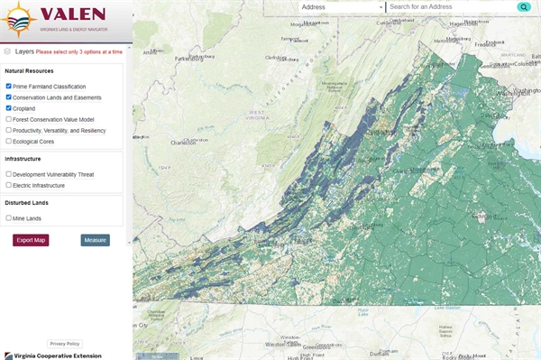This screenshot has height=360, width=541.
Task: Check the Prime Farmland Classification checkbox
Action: [x=8, y=87]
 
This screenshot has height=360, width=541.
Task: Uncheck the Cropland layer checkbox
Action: [x=8, y=108]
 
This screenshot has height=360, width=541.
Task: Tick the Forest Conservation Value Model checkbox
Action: [x=8, y=119]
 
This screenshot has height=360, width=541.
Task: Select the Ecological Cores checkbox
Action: [x=8, y=141]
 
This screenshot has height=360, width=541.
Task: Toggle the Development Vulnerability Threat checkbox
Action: [x=8, y=174]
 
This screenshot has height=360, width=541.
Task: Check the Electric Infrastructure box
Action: [x=8, y=185]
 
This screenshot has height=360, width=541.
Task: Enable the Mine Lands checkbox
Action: [x=8, y=218]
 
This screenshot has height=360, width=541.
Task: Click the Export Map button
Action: [x=31, y=240]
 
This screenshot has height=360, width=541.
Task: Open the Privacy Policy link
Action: [x=65, y=344]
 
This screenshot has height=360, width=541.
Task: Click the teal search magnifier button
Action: [x=523, y=7]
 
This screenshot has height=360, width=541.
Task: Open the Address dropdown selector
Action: [x=341, y=7]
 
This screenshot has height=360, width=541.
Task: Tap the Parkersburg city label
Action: [x=190, y=60]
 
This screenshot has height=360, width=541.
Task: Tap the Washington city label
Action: [x=520, y=92]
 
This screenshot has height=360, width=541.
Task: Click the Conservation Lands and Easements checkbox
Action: [x=8, y=97]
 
